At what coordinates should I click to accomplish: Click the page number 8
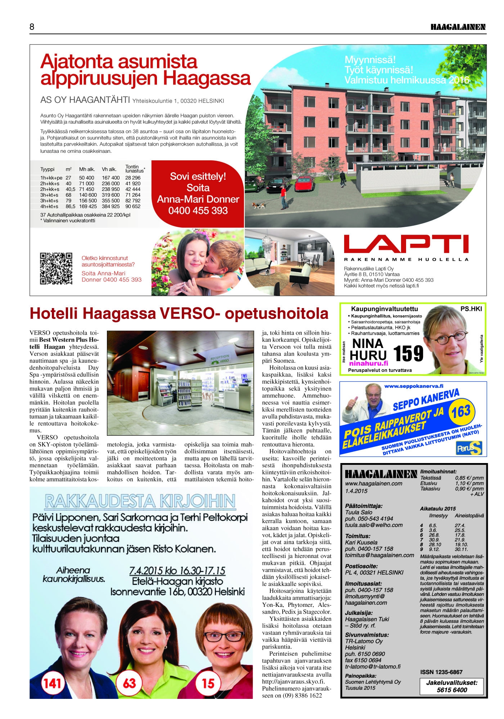point(32,27)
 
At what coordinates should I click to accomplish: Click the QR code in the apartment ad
point(56,269)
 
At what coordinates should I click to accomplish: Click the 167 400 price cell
point(111,178)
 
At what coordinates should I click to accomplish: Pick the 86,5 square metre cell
point(70,206)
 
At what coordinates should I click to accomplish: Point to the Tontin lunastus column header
point(134,169)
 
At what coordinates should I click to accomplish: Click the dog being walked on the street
point(258,205)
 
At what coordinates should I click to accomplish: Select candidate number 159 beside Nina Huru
point(408,354)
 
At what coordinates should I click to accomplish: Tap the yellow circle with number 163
point(461,411)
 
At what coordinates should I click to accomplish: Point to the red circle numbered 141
point(53,682)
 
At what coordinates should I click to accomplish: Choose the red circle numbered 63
point(129,682)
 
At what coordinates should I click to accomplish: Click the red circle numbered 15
point(208,682)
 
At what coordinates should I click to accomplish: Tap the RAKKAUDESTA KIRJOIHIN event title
point(140,501)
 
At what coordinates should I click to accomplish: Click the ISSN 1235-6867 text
point(441,672)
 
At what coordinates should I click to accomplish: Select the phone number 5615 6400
point(452,690)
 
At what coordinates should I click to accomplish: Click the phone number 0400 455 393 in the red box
point(198,211)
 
